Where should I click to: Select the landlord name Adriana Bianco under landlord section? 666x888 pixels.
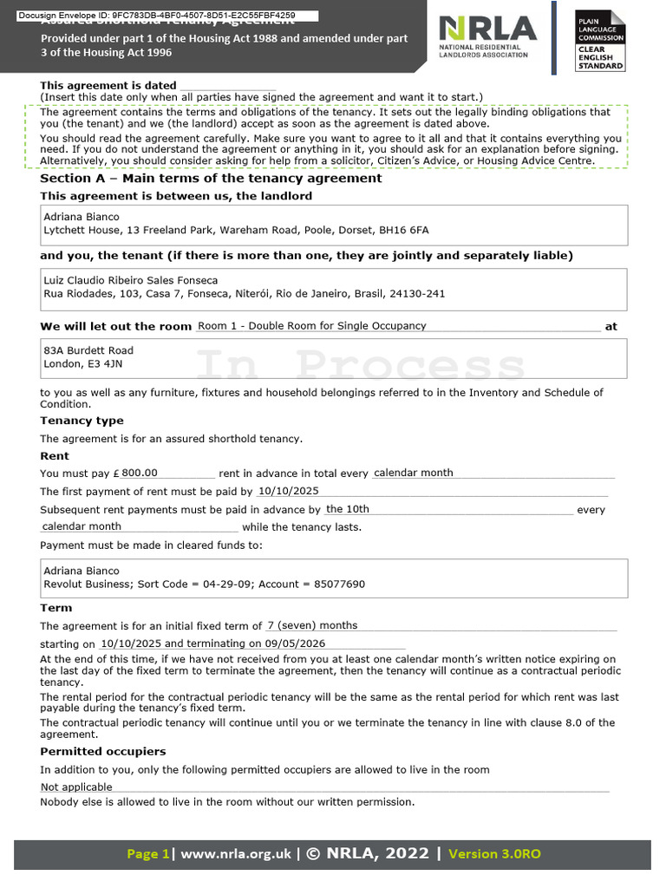click(82, 217)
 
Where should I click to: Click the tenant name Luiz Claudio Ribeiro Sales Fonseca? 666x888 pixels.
click(130, 280)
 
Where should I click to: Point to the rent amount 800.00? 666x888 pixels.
click(140, 473)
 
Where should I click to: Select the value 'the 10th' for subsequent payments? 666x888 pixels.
click(348, 509)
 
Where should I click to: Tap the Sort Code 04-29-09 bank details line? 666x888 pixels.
click(204, 584)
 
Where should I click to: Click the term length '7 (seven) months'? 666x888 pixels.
click(312, 625)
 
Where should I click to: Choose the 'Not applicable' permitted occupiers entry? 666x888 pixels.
click(76, 787)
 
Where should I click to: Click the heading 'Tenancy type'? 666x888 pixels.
click(82, 421)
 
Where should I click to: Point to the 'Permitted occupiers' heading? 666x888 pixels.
click(102, 751)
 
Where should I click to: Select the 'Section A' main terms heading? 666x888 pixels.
click(211, 178)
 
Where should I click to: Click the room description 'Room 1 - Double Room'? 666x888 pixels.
click(312, 326)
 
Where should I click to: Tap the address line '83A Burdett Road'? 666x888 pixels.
click(88, 350)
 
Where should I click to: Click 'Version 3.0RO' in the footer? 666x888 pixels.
click(494, 853)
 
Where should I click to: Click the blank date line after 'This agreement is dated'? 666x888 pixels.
click(226, 86)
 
